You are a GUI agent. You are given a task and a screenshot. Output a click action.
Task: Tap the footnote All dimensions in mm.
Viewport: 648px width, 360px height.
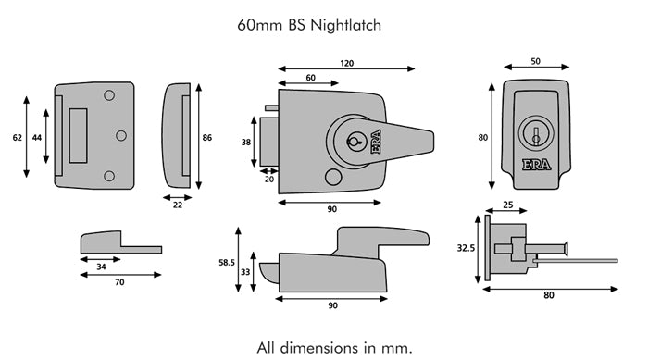coord(333,347)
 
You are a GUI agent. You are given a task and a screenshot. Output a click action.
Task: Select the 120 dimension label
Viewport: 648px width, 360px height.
coord(346,62)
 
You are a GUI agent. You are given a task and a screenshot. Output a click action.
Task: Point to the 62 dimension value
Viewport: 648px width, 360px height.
coord(17,137)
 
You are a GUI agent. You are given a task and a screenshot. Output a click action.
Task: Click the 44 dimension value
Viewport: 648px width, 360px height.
coord(37,137)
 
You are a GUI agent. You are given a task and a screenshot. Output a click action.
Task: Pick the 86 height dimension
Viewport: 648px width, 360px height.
coord(206,137)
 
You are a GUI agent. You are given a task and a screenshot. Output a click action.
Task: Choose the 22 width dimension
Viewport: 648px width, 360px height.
coord(178,205)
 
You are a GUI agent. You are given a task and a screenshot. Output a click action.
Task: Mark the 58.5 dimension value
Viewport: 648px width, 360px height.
coord(226,262)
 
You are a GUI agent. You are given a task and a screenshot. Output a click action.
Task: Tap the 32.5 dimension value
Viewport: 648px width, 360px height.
coord(465,248)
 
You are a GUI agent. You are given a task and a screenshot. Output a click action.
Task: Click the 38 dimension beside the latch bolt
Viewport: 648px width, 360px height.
coord(246,143)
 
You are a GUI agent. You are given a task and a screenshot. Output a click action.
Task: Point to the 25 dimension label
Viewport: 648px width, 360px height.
coord(508,205)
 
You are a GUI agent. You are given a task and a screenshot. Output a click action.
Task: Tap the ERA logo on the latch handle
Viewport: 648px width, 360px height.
coord(376,143)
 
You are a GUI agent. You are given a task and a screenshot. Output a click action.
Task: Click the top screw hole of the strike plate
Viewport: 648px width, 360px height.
coord(109,95)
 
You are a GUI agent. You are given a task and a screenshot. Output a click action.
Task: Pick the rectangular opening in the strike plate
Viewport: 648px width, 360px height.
coord(79,135)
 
